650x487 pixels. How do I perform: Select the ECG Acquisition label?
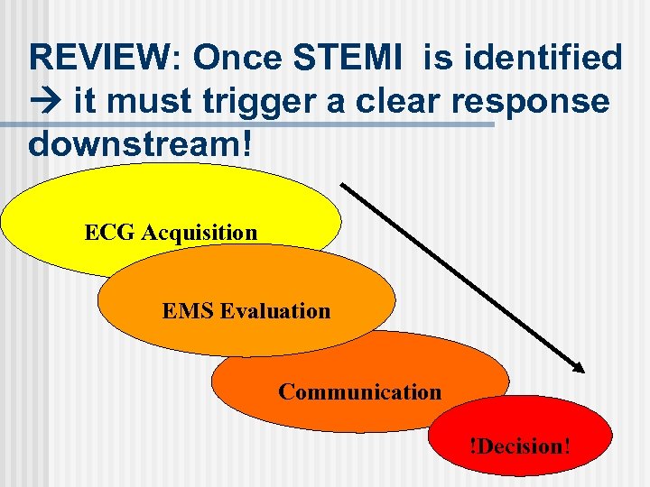click(171, 233)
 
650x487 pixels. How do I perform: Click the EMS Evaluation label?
click(246, 311)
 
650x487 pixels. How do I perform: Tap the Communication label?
click(359, 391)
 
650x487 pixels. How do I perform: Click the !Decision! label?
click(518, 446)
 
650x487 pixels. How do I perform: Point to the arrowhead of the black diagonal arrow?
click(580, 367)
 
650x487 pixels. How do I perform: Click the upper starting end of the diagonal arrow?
click(343, 186)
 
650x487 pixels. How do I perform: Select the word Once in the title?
click(237, 58)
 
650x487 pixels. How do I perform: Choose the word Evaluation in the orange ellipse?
click(274, 311)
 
